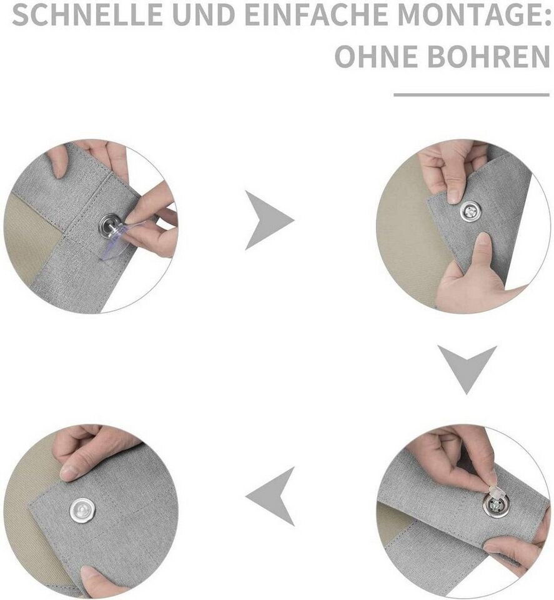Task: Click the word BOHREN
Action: [x=488, y=56]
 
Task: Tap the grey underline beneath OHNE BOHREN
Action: [x=472, y=94]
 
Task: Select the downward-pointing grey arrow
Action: [x=467, y=367]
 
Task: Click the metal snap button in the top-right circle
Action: [x=470, y=211]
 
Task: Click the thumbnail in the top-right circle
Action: [x=454, y=196]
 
